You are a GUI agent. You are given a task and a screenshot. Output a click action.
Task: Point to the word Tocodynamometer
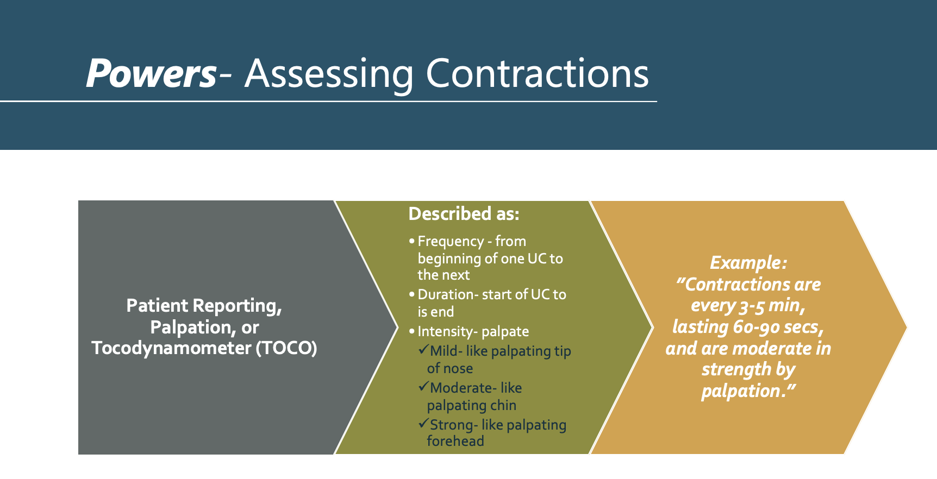tap(171, 348)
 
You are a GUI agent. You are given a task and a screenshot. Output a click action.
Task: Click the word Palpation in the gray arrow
tap(190, 327)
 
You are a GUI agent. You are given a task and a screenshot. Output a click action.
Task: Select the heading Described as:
tap(464, 214)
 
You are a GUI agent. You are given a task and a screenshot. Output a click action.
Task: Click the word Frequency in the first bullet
tap(451, 241)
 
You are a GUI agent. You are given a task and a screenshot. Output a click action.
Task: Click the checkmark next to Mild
tap(423, 350)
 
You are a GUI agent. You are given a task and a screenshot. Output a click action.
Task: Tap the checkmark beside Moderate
tap(423, 387)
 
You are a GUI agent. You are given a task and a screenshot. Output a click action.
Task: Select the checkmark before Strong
tap(423, 424)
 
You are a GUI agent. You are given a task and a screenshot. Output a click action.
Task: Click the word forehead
tap(455, 441)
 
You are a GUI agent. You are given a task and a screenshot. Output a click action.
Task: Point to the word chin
tap(503, 405)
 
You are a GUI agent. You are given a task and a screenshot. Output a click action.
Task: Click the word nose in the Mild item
tap(458, 368)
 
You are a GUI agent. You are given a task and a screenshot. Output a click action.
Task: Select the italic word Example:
tap(748, 263)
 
